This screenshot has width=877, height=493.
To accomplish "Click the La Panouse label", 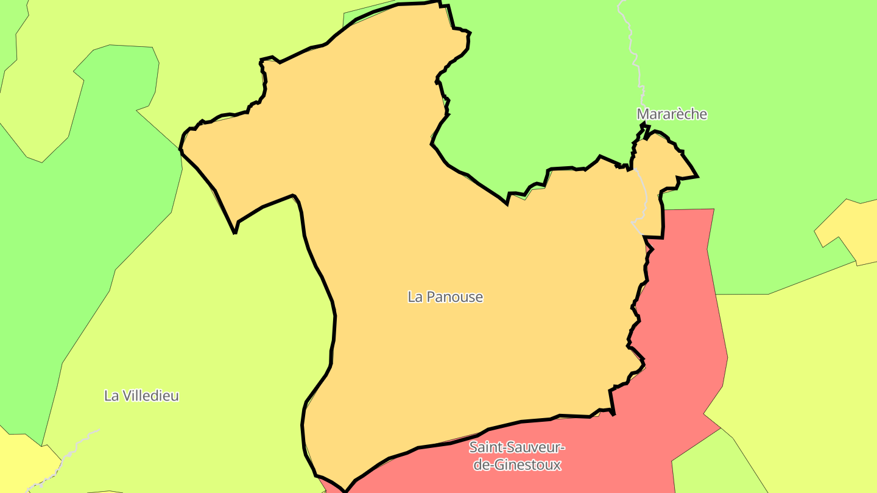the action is pos(445,297).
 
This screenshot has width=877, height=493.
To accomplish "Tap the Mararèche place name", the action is pos(672,114).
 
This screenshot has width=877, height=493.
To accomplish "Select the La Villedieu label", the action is pos(141,396).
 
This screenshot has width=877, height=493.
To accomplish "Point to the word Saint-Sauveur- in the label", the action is pos(517,448).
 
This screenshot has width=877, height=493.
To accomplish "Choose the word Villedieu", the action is pos(150,396).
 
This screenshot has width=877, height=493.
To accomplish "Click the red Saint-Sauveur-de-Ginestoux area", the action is pos(670,365).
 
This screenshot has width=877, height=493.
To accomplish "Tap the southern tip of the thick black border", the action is pos(345,491).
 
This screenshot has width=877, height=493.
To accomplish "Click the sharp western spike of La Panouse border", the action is pos(235,233).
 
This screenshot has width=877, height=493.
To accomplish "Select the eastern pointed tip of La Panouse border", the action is pos(697,177).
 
